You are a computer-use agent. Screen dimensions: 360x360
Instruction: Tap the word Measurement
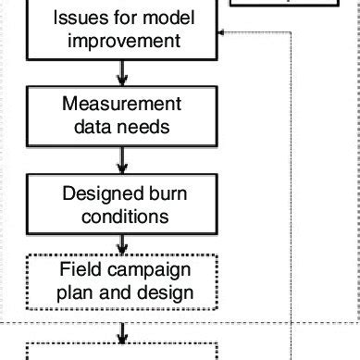[x=122, y=105]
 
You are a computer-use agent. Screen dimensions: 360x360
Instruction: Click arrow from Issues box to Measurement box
[x=122, y=72]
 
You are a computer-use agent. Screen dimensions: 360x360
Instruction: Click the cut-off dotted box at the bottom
[x=122, y=352]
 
